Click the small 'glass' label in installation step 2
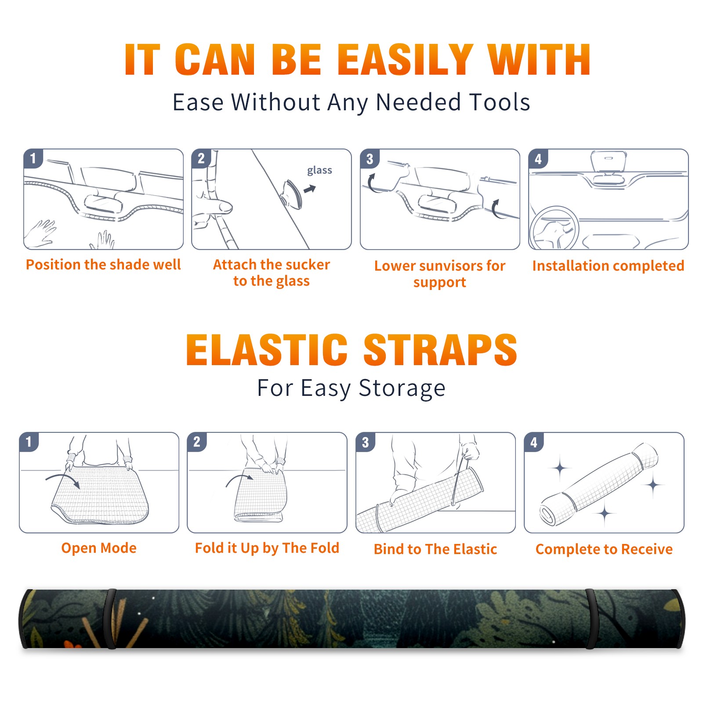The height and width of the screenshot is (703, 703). [319, 170]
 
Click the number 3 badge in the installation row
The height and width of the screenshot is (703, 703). [370, 159]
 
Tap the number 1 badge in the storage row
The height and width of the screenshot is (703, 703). [29, 442]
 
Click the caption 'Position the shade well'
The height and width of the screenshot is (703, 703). [103, 265]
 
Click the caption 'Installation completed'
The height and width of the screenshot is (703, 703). [608, 265]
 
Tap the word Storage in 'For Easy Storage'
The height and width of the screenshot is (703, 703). [402, 388]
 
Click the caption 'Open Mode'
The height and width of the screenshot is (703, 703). [99, 548]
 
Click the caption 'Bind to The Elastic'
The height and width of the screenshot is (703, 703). [435, 549]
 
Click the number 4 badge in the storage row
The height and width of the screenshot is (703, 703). [534, 442]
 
